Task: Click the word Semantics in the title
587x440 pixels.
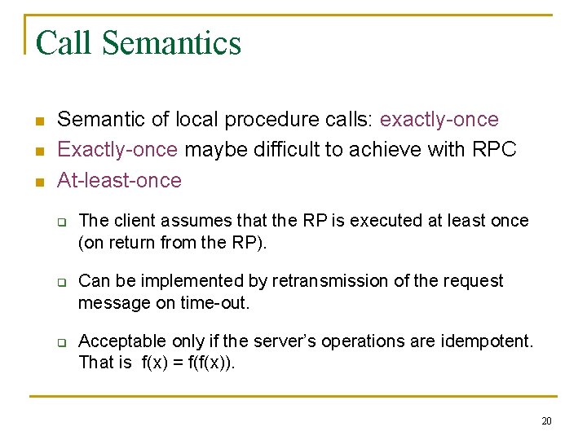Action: click(x=173, y=43)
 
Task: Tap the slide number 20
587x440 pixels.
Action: click(x=546, y=420)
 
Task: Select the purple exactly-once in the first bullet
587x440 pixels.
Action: click(x=439, y=120)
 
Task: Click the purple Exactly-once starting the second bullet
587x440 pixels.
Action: click(x=117, y=150)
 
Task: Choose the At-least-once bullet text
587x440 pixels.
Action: click(x=119, y=180)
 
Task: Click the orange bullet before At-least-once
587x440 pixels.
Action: click(x=38, y=182)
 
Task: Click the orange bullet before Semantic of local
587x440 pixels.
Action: click(x=38, y=121)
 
